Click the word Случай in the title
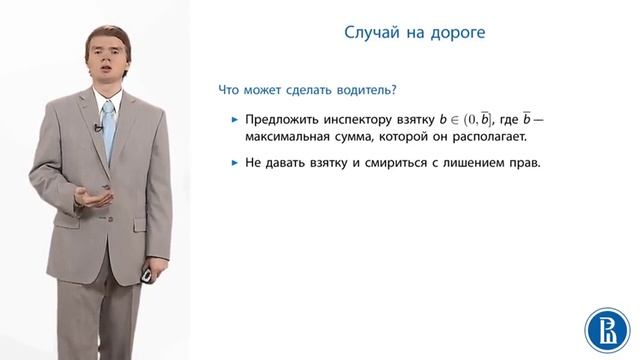tap(360, 35)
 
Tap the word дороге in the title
tap(458, 35)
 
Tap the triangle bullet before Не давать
tap(234, 163)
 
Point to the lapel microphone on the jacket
tap(98, 127)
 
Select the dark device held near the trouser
tap(146, 273)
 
